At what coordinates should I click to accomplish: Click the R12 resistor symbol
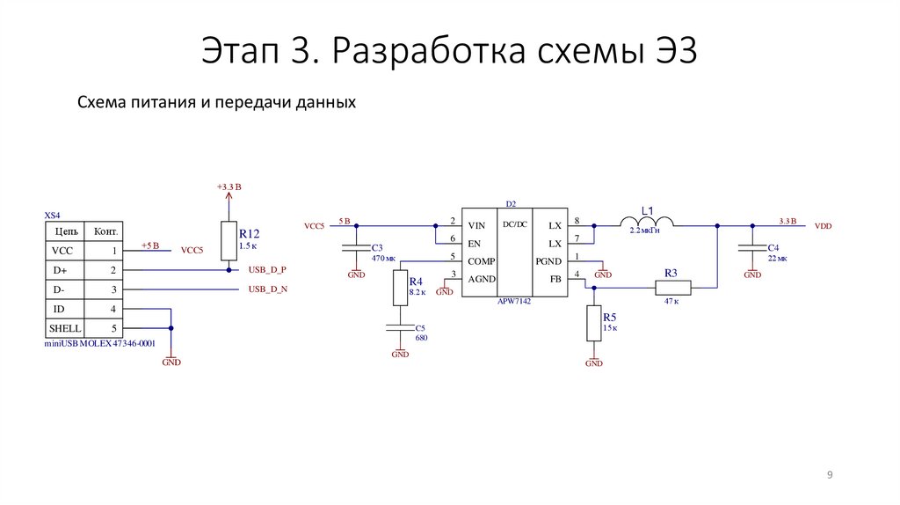229,241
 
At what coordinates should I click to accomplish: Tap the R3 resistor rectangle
673,287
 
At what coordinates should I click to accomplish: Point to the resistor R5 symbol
594,323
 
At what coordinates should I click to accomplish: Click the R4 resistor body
400,288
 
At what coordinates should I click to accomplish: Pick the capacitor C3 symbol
356,248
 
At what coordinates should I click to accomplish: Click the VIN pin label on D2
476,225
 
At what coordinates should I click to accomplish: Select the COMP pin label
481,260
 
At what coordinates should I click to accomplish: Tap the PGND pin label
548,260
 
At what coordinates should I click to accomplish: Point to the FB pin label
555,279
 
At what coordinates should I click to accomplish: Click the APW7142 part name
515,299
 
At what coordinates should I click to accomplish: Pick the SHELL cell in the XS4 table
68,328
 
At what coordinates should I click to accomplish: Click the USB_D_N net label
267,289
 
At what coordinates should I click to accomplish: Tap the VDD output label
823,226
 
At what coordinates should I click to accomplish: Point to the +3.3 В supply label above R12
229,187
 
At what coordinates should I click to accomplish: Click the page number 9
830,475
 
